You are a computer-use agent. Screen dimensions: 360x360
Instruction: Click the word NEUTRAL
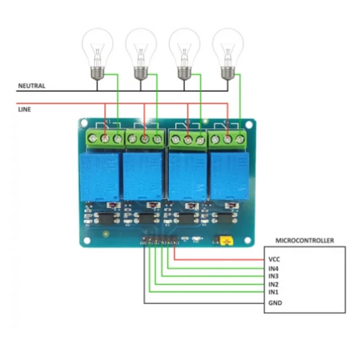click(x=31, y=86)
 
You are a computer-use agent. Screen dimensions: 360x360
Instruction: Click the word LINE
click(x=23, y=108)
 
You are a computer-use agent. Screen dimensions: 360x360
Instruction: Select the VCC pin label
click(x=274, y=259)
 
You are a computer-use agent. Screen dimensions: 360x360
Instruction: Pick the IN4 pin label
click(x=274, y=268)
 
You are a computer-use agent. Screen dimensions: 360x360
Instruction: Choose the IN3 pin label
click(x=274, y=276)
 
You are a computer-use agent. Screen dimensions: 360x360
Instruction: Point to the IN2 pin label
click(x=274, y=284)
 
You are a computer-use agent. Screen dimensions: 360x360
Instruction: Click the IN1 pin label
click(x=274, y=292)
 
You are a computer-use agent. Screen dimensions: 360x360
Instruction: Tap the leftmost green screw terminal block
click(x=105, y=138)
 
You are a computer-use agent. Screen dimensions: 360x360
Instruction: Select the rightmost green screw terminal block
click(x=228, y=138)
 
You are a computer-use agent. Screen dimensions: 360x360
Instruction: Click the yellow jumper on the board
click(x=222, y=239)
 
